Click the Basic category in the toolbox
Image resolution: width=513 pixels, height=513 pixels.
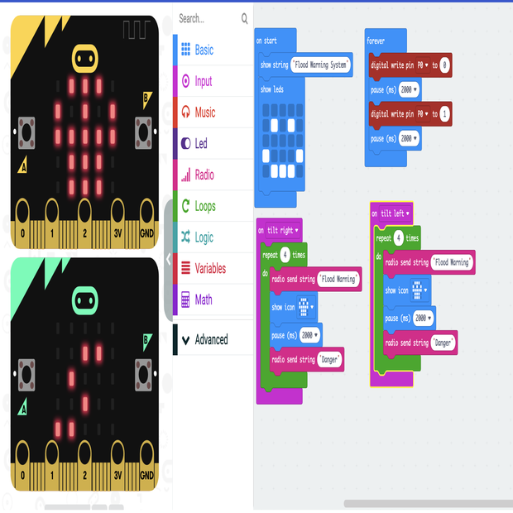point(204,50)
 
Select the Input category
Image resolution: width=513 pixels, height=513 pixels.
point(203,81)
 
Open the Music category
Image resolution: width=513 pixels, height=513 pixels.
point(204,113)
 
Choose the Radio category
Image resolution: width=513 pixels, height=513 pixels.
point(204,175)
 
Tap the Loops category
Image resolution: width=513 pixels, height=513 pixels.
point(204,206)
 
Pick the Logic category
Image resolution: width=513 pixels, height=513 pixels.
point(204,237)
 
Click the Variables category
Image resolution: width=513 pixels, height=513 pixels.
point(209,268)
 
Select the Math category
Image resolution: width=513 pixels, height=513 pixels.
point(203,300)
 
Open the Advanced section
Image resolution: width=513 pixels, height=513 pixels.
point(211,339)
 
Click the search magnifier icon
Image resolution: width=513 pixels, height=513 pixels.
point(244,18)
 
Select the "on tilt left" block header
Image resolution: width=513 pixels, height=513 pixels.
point(391,213)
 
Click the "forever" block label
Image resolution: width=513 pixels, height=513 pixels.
point(376,41)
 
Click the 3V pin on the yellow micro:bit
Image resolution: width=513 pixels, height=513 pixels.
point(118,233)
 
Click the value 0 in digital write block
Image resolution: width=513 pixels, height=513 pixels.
point(445,65)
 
